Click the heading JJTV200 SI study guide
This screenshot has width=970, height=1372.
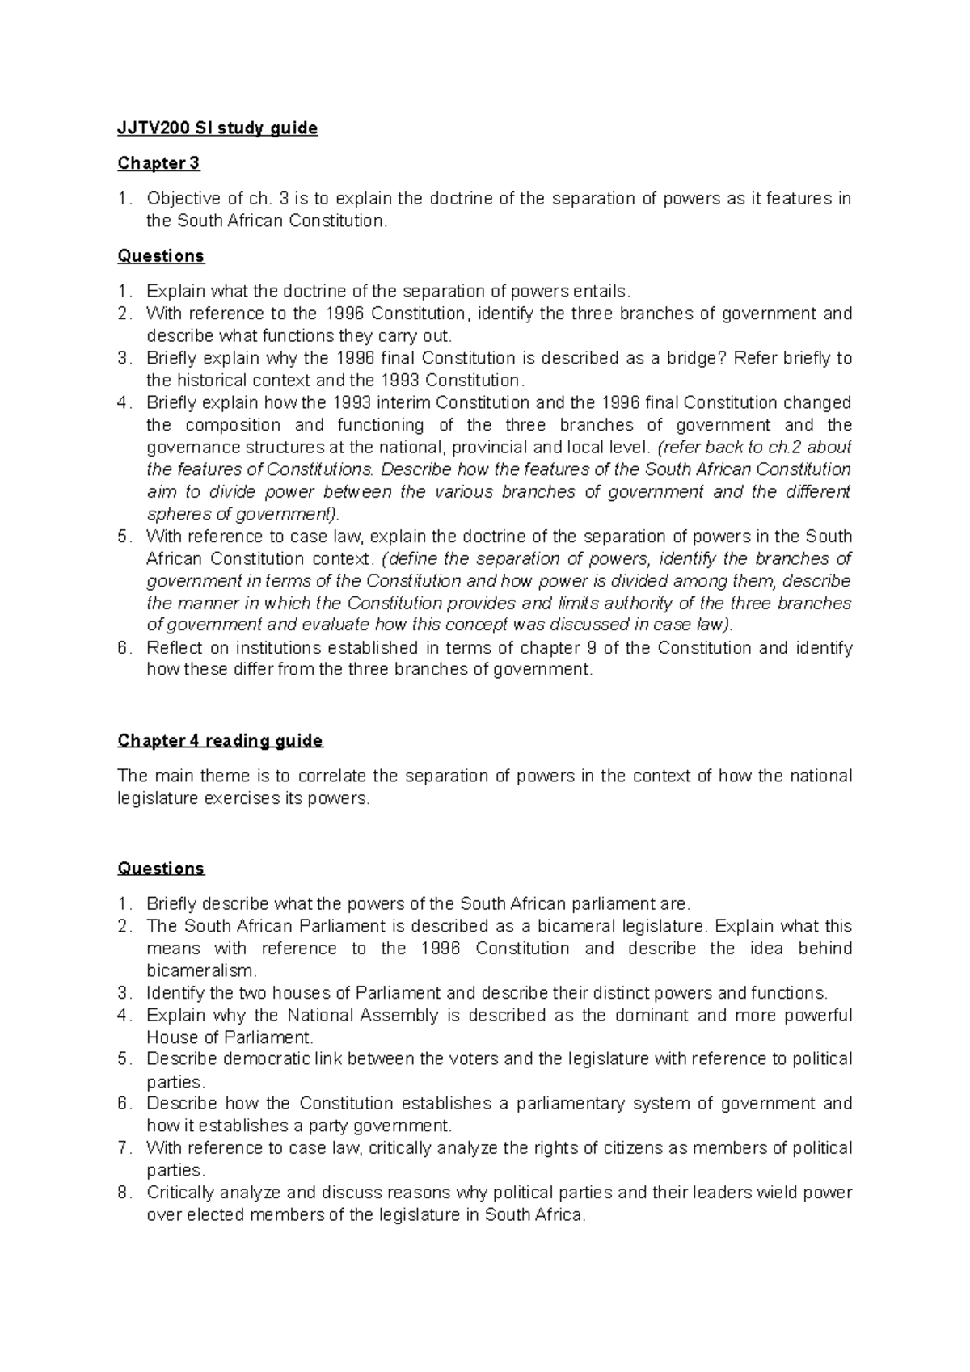pos(217,128)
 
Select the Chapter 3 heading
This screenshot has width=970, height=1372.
pos(158,163)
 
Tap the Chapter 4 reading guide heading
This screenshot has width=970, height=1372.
pos(220,741)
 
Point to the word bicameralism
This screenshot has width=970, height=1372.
pos(201,970)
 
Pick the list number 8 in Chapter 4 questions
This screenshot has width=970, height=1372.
pos(123,1193)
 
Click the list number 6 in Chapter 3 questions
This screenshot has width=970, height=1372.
pos(123,647)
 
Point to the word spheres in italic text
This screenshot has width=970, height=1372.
pos(175,514)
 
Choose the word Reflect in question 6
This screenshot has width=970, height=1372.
pos(174,647)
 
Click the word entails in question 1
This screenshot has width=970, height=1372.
pos(599,292)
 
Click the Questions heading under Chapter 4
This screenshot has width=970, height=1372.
pos(161,869)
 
